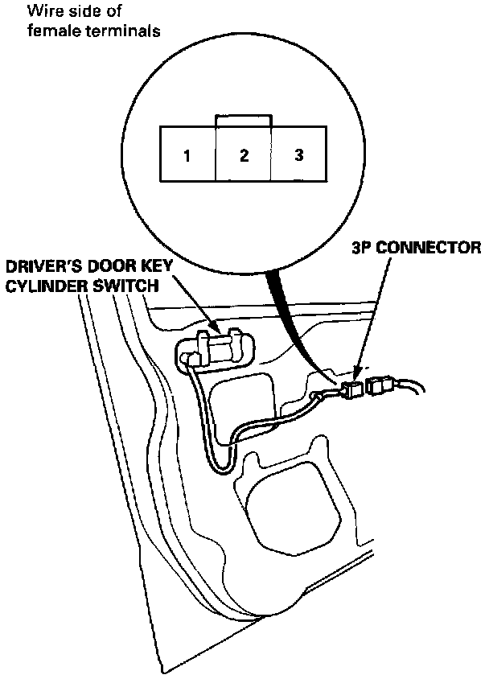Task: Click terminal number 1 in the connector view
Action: pyautogui.click(x=187, y=155)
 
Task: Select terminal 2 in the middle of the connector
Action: pyautogui.click(x=244, y=155)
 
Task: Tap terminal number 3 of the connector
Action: pyautogui.click(x=298, y=154)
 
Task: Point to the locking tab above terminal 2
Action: pyautogui.click(x=243, y=120)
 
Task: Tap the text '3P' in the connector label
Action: pyautogui.click(x=361, y=247)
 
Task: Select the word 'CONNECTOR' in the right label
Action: pyautogui.click(x=429, y=247)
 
